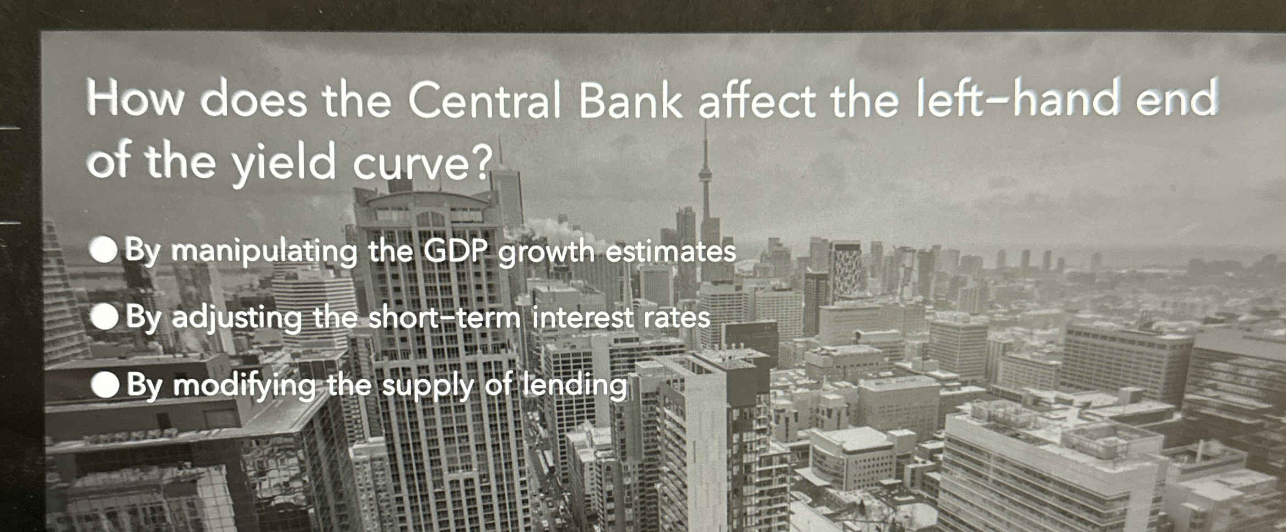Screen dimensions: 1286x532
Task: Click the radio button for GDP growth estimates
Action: point(104,251)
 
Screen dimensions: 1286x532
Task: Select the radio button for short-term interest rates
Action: point(105,317)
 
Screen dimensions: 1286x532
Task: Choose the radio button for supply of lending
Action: point(106,384)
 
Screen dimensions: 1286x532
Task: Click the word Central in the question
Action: point(484,101)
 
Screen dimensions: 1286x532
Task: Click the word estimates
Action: point(671,252)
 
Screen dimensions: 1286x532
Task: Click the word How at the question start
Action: point(134,99)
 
